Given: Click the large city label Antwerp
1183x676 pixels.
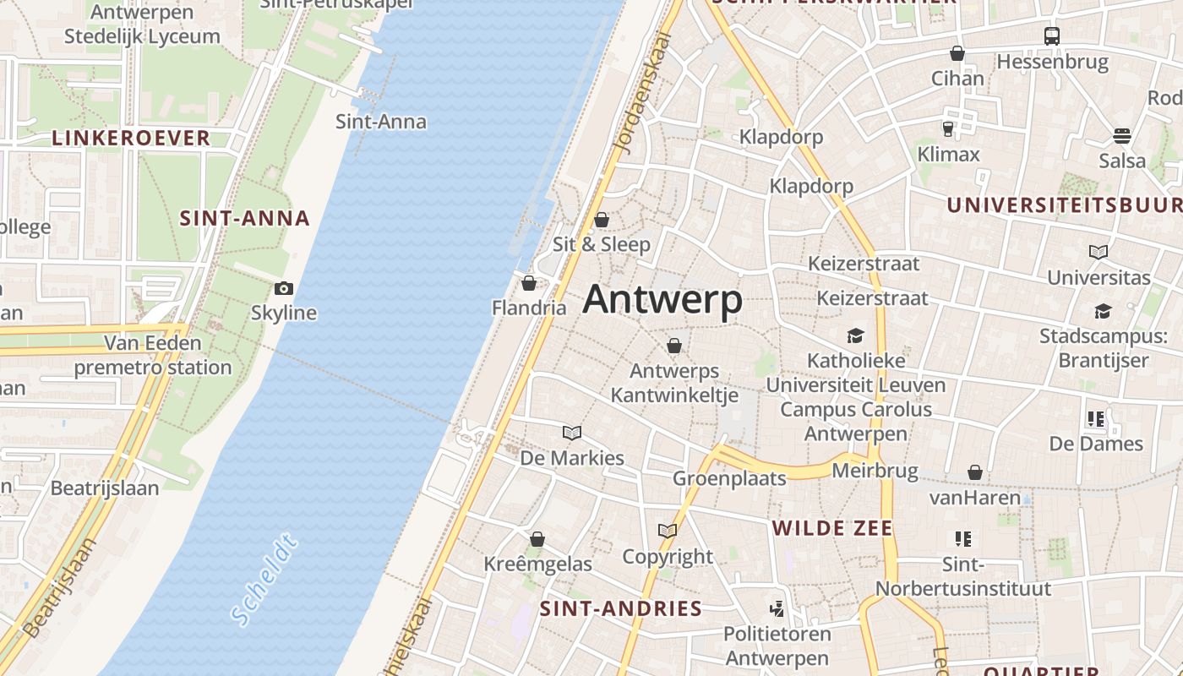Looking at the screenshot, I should (662, 300).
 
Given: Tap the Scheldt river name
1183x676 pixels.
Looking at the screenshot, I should (264, 580).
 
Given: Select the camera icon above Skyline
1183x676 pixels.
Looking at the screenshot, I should (284, 289).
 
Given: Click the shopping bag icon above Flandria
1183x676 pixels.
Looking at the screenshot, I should (529, 283).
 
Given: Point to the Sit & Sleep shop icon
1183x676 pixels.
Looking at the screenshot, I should (602, 221).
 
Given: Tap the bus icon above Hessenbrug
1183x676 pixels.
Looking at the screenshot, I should (1051, 36).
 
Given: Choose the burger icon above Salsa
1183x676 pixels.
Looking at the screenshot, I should (1122, 136).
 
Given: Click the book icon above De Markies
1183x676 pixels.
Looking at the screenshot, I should (572, 433).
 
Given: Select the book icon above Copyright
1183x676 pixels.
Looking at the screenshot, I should (668, 532).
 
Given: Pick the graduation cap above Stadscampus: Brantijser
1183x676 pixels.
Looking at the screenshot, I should (1103, 312).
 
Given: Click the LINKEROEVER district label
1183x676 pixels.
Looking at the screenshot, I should (131, 138).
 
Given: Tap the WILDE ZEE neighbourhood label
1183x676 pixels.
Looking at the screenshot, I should (832, 529).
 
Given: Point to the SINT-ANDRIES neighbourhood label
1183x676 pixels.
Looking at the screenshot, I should (621, 608).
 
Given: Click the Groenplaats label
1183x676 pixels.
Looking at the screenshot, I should (729, 478).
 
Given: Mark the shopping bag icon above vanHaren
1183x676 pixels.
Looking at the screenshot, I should (975, 472).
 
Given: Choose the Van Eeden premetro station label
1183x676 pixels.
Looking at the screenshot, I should (153, 355).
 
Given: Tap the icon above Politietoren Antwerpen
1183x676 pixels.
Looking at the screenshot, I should (777, 608).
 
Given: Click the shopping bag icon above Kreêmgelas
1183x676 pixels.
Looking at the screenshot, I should (537, 539).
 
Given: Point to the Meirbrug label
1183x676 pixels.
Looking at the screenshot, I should (875, 470).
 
